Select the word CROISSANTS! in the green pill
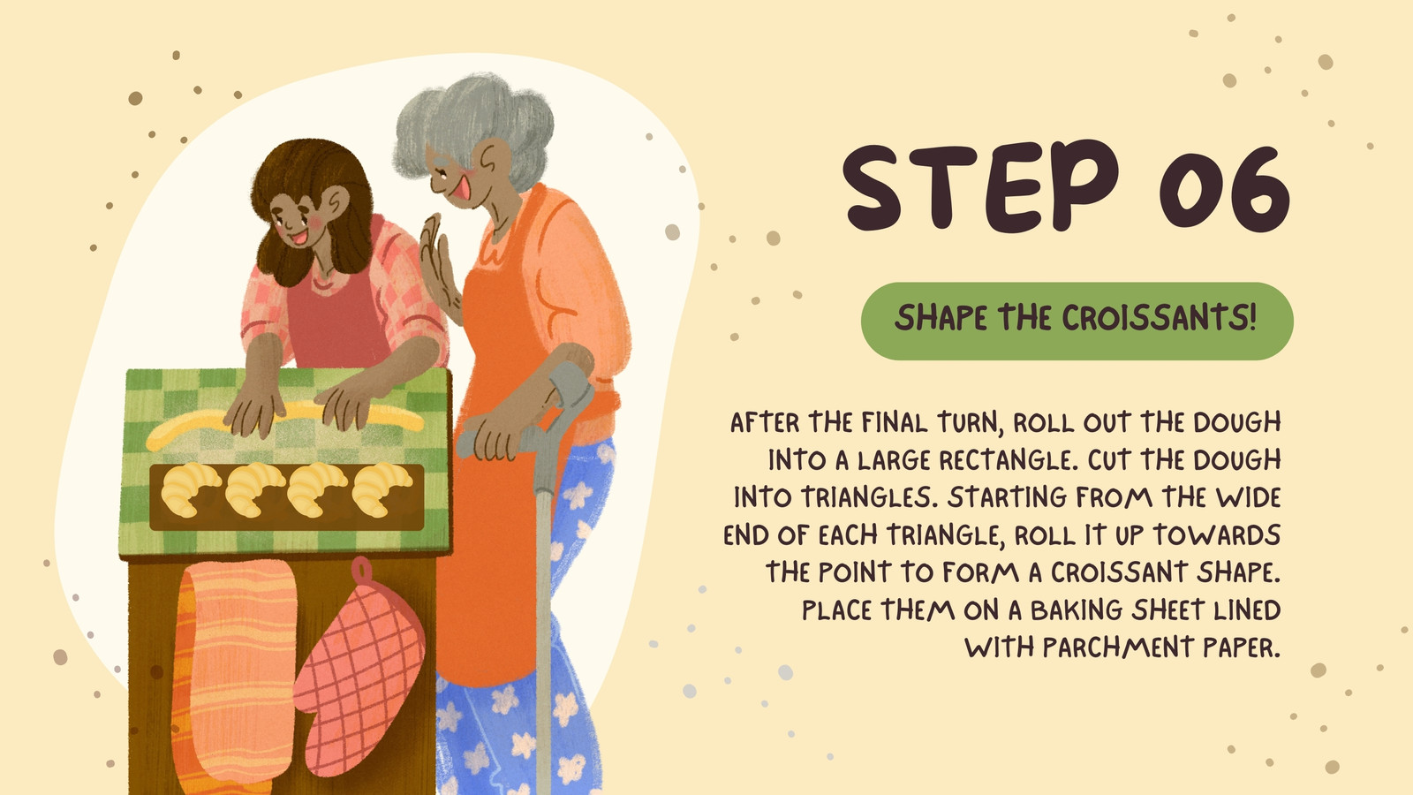pyautogui.click(x=1160, y=317)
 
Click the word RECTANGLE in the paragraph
pyautogui.click(x=1005, y=460)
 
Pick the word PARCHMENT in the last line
pyautogui.click(x=1116, y=647)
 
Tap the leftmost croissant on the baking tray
pyautogui.click(x=191, y=489)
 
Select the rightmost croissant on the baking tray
pyautogui.click(x=381, y=489)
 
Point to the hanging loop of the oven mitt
pyautogui.click(x=361, y=572)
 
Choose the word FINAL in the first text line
pyautogui.click(x=895, y=422)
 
